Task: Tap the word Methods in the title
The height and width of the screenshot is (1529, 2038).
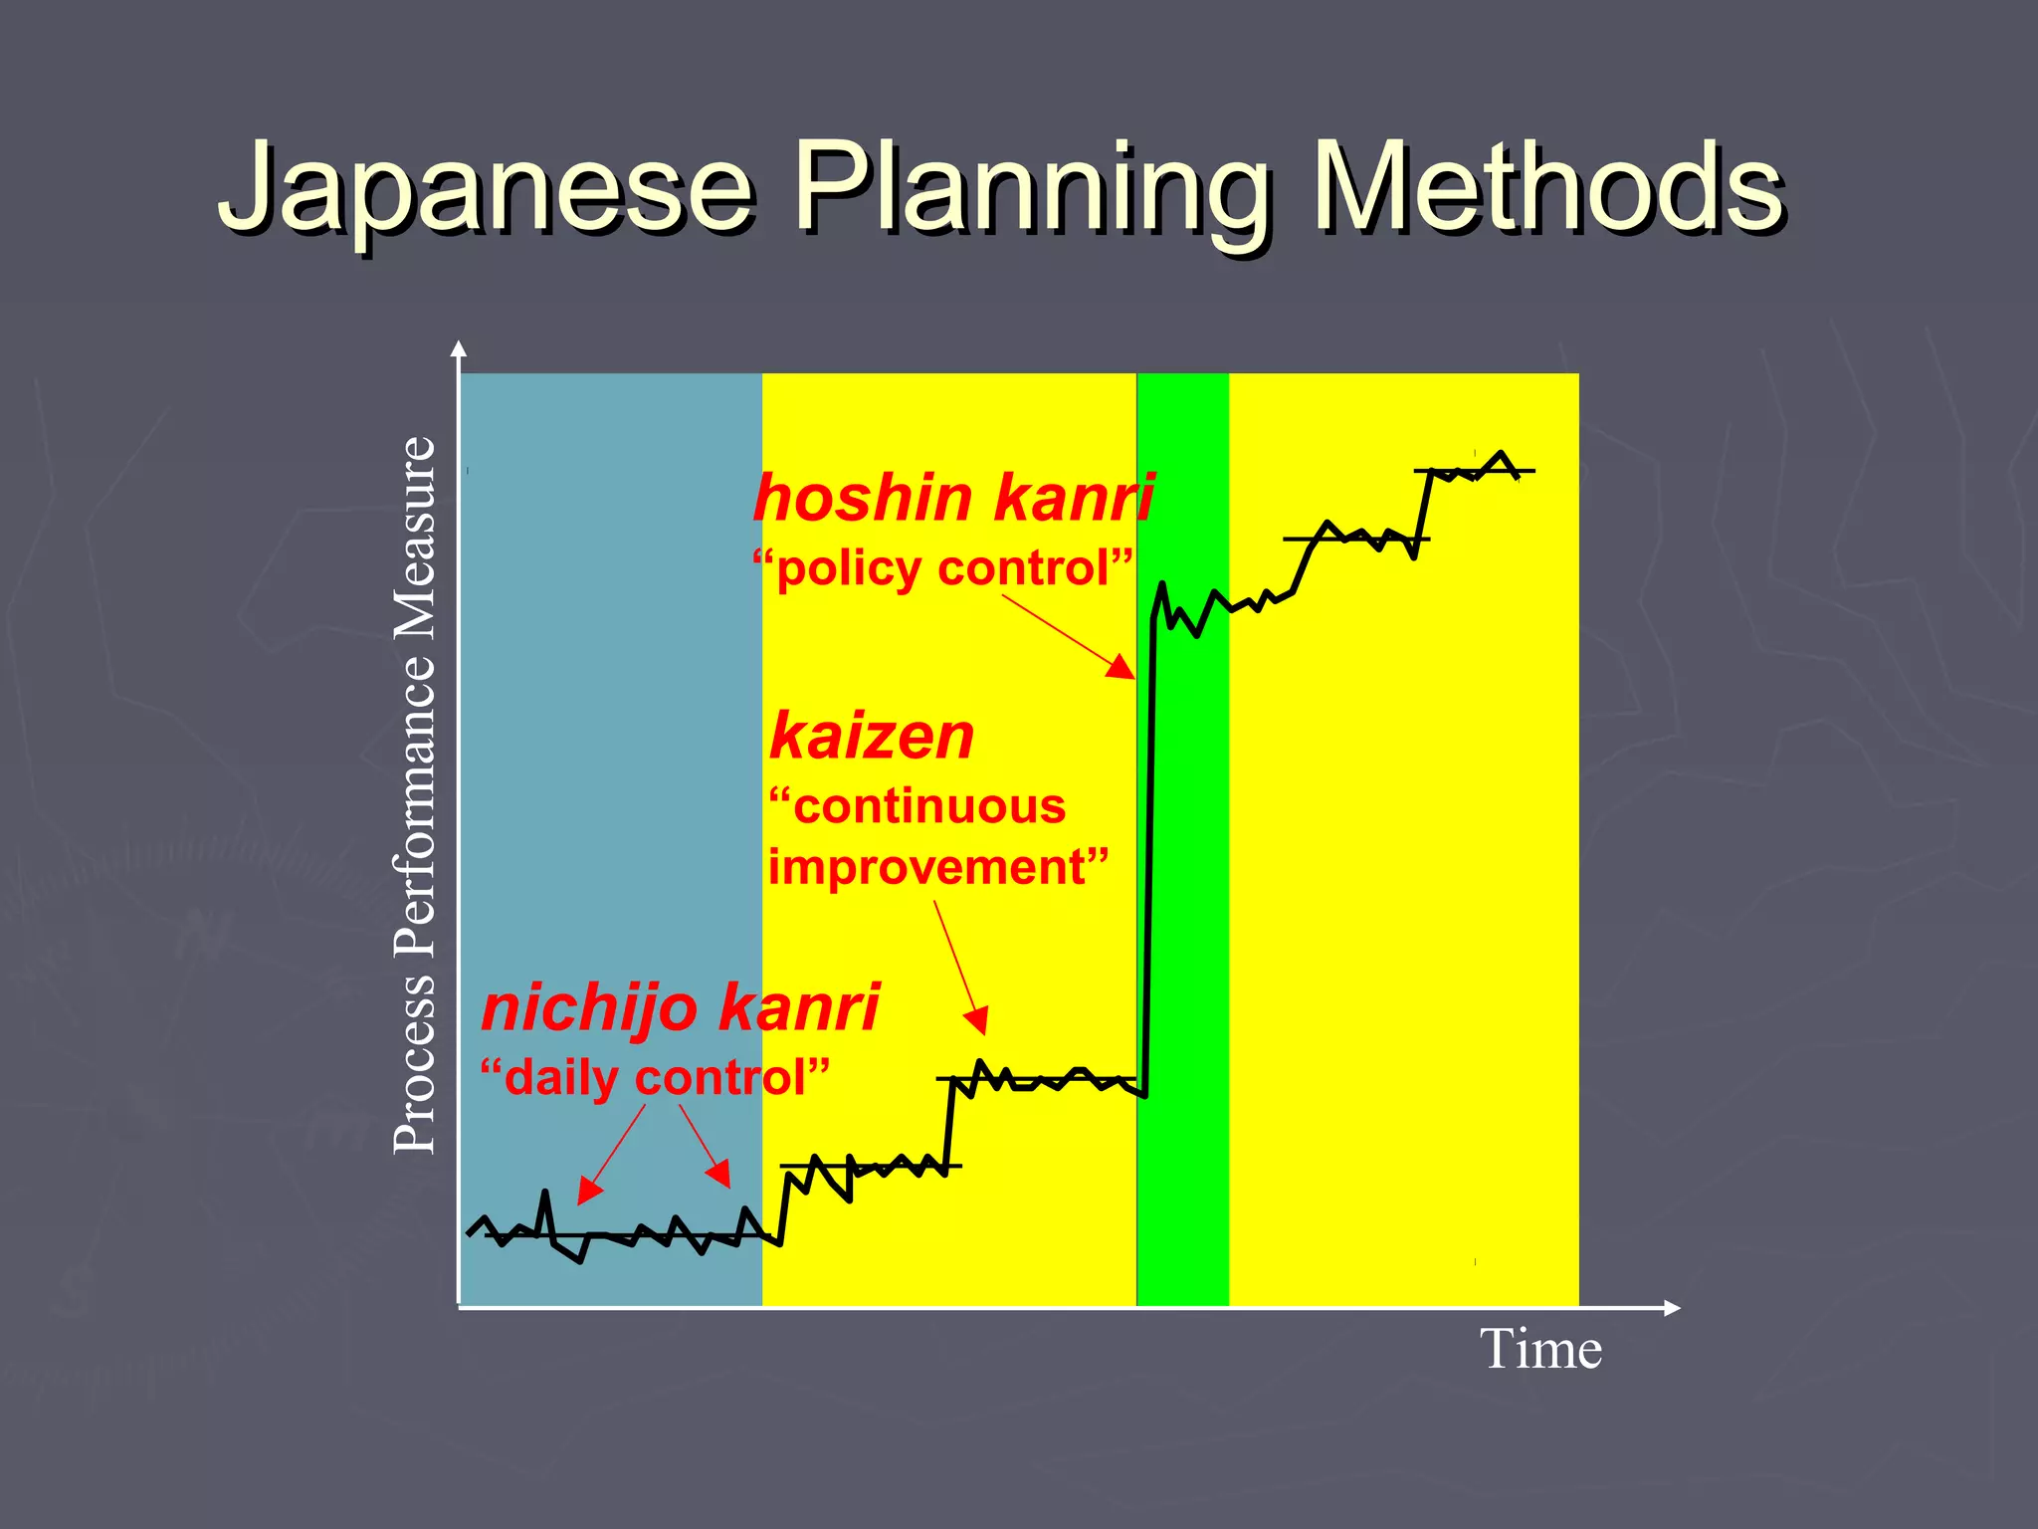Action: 1547,189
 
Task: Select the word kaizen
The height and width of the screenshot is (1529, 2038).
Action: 872,737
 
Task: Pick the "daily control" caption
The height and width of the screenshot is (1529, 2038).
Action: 655,1079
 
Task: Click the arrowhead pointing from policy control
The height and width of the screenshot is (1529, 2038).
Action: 1122,668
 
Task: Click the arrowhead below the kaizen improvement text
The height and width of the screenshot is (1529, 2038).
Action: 978,1020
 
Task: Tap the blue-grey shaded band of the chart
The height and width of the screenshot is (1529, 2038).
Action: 610,697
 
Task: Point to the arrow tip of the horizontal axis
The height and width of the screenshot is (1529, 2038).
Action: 1676,1308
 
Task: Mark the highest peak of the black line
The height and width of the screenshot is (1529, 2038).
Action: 1501,453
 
